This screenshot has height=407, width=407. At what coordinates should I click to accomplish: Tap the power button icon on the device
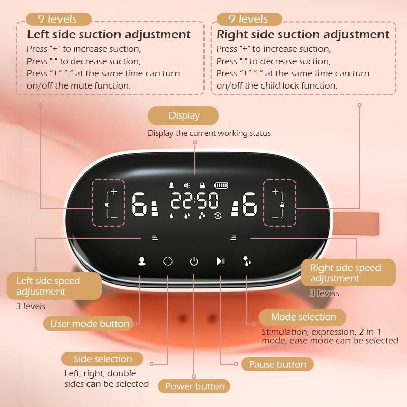194,261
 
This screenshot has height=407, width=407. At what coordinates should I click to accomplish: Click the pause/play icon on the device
220,261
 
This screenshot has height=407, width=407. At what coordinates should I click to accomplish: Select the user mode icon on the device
142,261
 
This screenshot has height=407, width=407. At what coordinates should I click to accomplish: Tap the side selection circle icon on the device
168,261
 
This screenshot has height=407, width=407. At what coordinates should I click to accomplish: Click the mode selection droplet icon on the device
247,261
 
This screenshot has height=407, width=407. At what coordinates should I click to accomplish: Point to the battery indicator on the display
222,186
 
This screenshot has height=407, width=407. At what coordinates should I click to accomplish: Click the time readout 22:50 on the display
194,201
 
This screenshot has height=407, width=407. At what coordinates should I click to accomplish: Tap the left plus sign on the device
114,192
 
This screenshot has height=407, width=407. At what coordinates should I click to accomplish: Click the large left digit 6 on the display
138,204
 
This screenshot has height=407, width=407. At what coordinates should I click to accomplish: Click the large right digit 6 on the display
250,204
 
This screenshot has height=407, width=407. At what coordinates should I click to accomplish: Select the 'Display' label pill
183,116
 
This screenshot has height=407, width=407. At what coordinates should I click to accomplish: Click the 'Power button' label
194,386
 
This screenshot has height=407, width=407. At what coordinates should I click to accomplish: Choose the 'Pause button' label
277,364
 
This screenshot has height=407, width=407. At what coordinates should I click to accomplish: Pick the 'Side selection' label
103,359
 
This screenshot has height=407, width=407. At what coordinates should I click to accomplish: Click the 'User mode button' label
90,324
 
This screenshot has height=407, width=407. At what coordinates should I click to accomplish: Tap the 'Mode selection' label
303,317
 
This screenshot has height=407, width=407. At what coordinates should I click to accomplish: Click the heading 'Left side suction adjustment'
109,35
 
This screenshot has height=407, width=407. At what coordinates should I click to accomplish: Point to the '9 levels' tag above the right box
249,19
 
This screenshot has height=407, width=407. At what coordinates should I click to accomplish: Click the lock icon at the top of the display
202,186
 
